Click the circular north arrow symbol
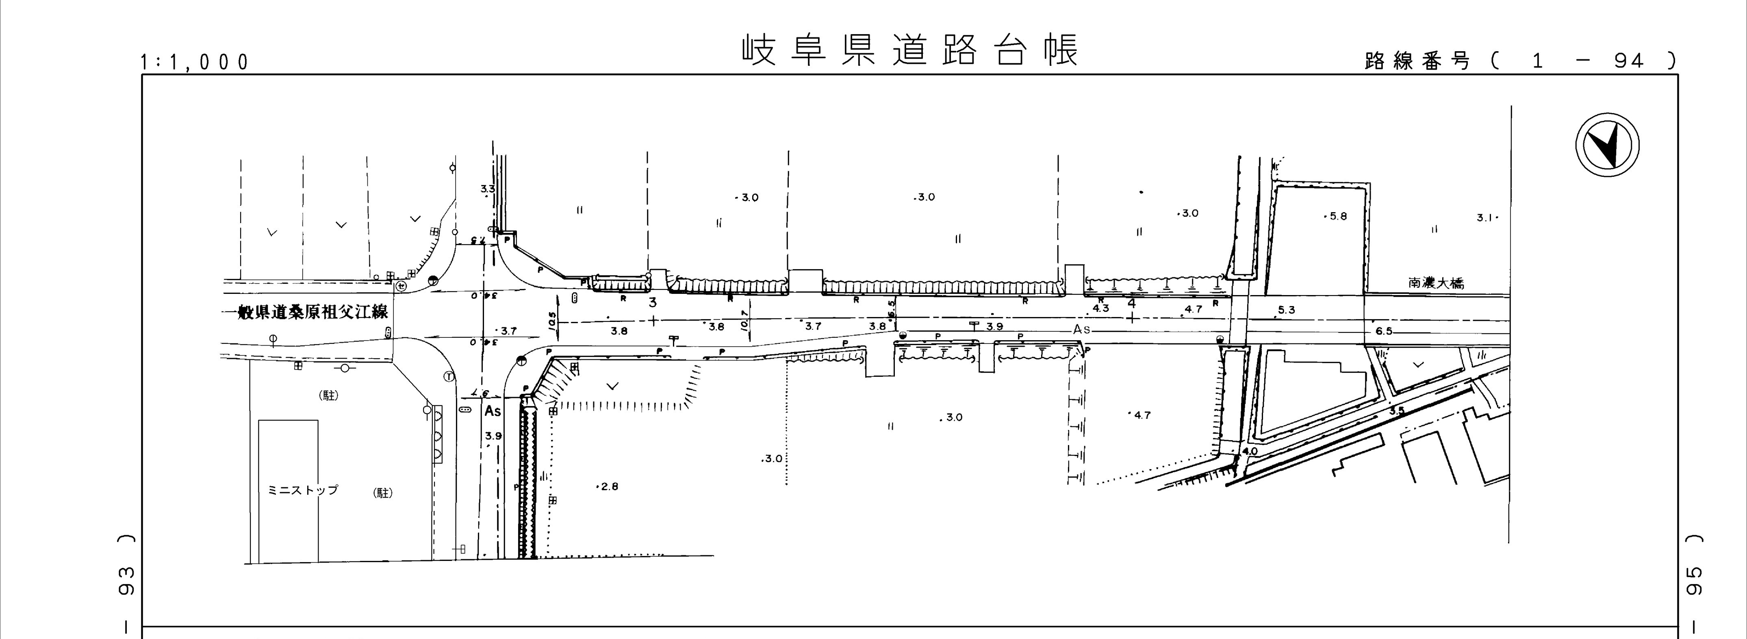[1607, 146]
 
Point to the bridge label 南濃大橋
[1436, 283]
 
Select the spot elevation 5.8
[1337, 216]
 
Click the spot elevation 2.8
[608, 487]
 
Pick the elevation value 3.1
[1485, 218]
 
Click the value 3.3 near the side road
[488, 189]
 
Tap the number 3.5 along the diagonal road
[1396, 411]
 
